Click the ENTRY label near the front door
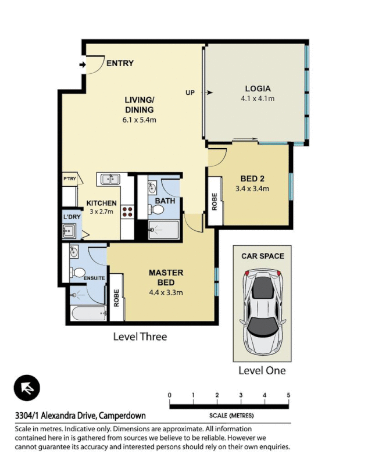point(120,63)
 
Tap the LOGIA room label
point(257,89)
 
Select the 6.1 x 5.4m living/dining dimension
point(139,120)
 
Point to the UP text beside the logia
point(190,92)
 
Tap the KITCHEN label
point(102,203)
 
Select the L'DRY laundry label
point(72,217)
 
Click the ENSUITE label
point(94,278)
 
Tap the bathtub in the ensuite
point(87,314)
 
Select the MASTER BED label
point(166,277)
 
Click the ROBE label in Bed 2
point(214,201)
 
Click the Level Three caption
point(140,337)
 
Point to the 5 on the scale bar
point(288,395)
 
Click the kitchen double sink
point(108,179)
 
